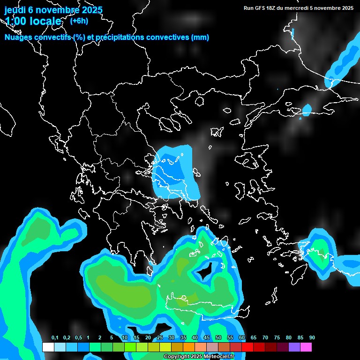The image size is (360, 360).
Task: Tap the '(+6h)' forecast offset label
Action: pyautogui.click(x=79, y=21)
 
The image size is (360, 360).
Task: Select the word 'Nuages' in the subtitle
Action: pyautogui.click(x=18, y=37)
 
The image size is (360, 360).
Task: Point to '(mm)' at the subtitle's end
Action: pyautogui.click(x=200, y=37)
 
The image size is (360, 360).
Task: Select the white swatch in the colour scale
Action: pyautogui.click(x=48, y=347)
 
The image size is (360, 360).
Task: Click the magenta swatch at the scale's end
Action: pyautogui.click(x=306, y=347)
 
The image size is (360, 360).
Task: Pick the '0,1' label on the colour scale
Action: pyautogui.click(x=54, y=338)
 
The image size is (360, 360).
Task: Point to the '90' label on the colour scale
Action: pyautogui.click(x=312, y=338)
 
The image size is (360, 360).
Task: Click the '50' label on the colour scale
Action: pyautogui.click(x=218, y=338)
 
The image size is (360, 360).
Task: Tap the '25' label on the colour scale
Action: pyautogui.click(x=160, y=338)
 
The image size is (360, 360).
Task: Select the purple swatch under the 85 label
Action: pyautogui.click(x=294, y=347)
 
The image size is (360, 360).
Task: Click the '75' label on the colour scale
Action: pyautogui.click(x=277, y=338)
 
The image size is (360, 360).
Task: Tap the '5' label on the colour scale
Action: pyautogui.click(x=112, y=338)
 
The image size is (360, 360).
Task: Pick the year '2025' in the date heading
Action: pyautogui.click(x=89, y=9)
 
